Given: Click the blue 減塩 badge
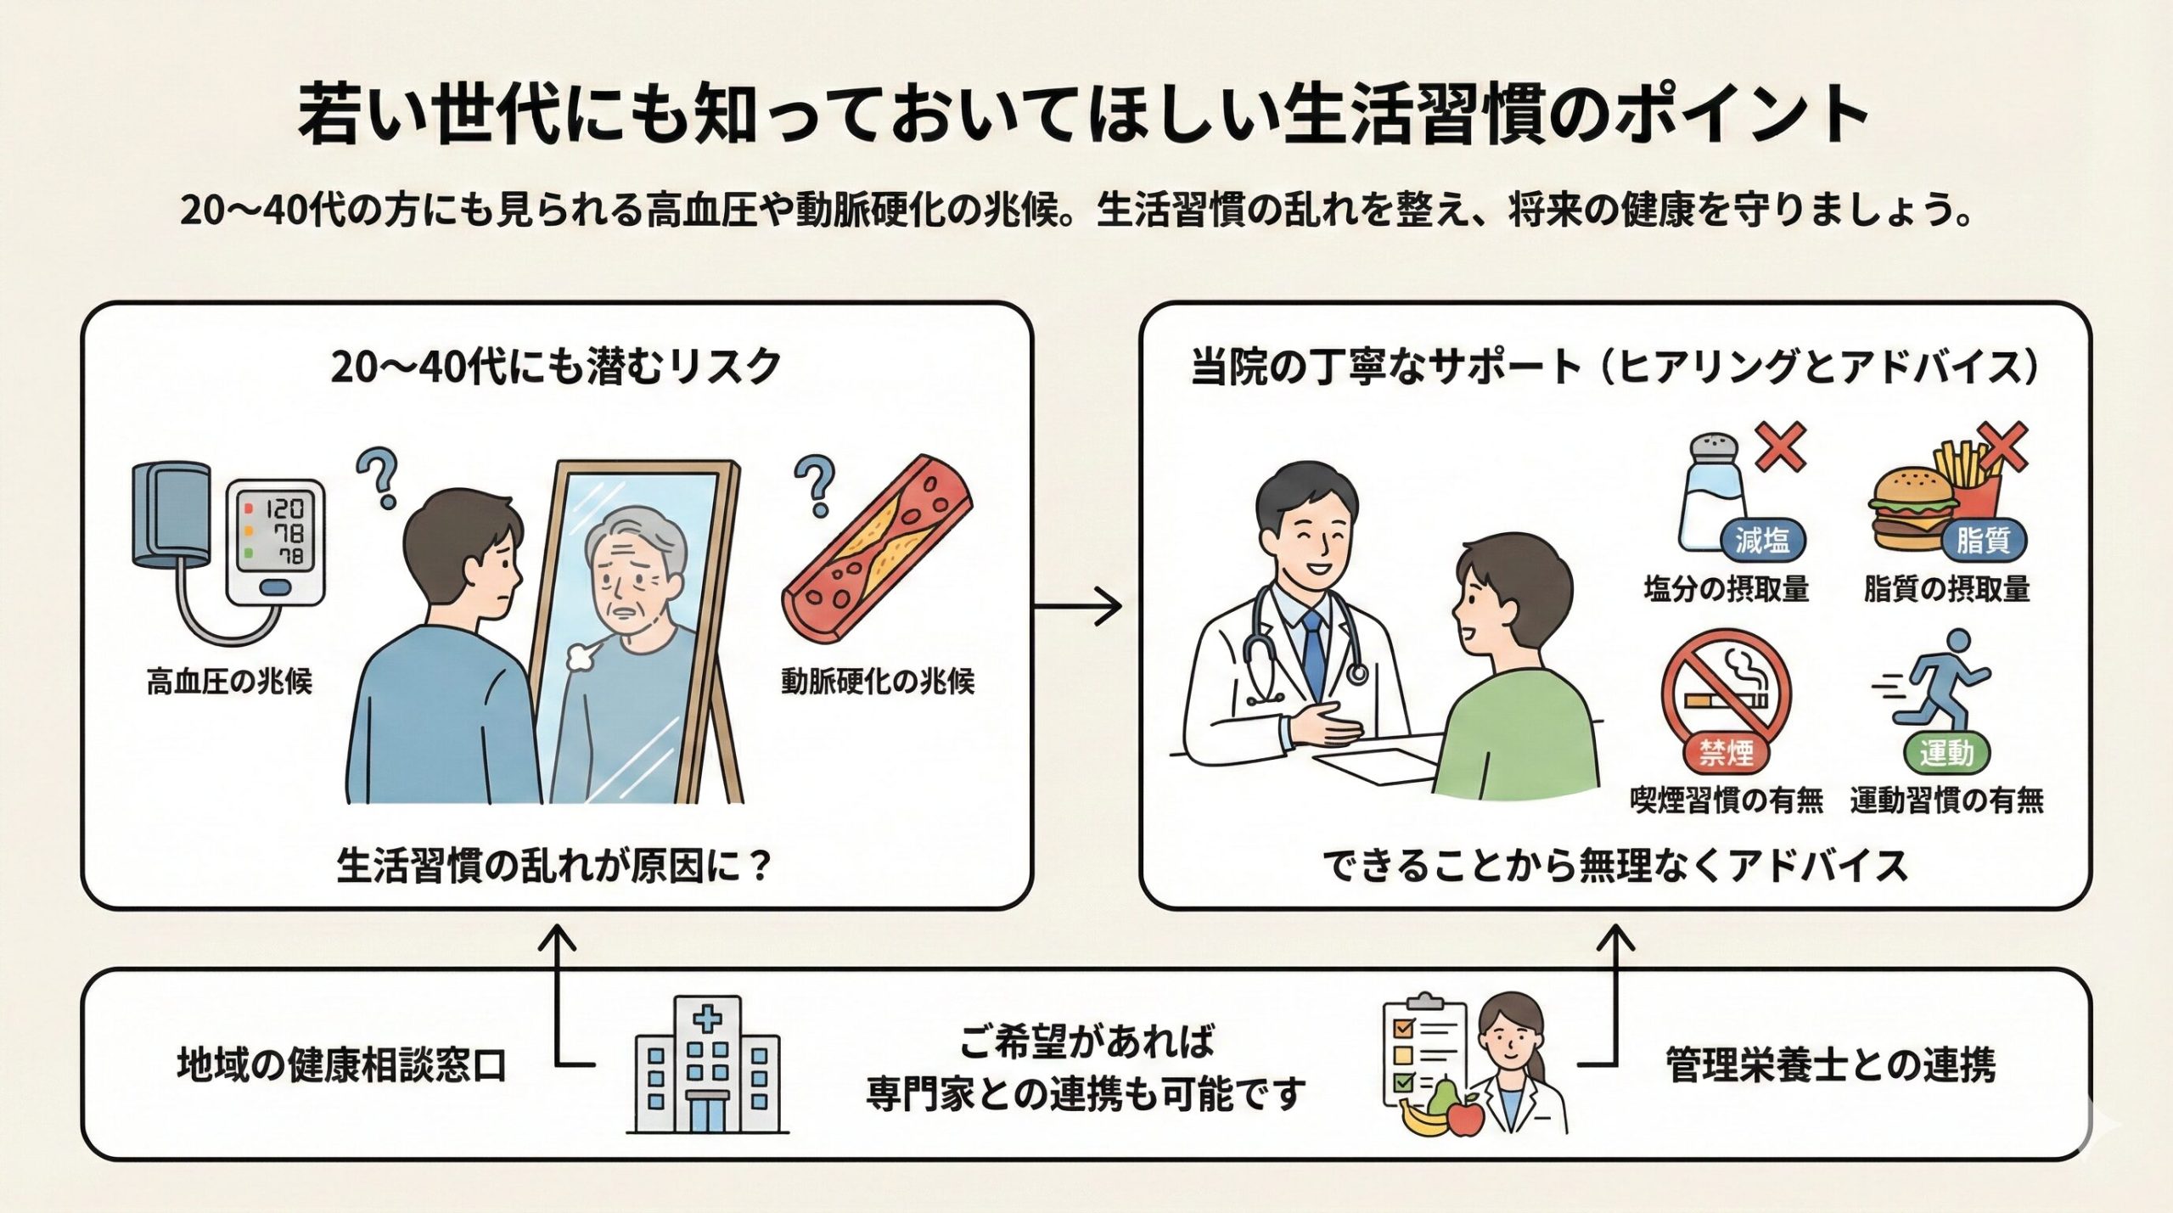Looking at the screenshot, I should pyautogui.click(x=1762, y=541).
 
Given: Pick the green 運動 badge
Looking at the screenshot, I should pyautogui.click(x=1946, y=752).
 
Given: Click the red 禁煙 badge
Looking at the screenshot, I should pyautogui.click(x=1727, y=752).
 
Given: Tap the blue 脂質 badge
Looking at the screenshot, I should pyautogui.click(x=1983, y=541).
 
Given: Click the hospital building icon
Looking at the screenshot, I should pyautogui.click(x=707, y=1066).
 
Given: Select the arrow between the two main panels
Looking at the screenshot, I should pyautogui.click(x=1078, y=606).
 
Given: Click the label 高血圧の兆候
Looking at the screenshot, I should pyautogui.click(x=229, y=682).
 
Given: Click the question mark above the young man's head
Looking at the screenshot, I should pyautogui.click(x=379, y=477).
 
